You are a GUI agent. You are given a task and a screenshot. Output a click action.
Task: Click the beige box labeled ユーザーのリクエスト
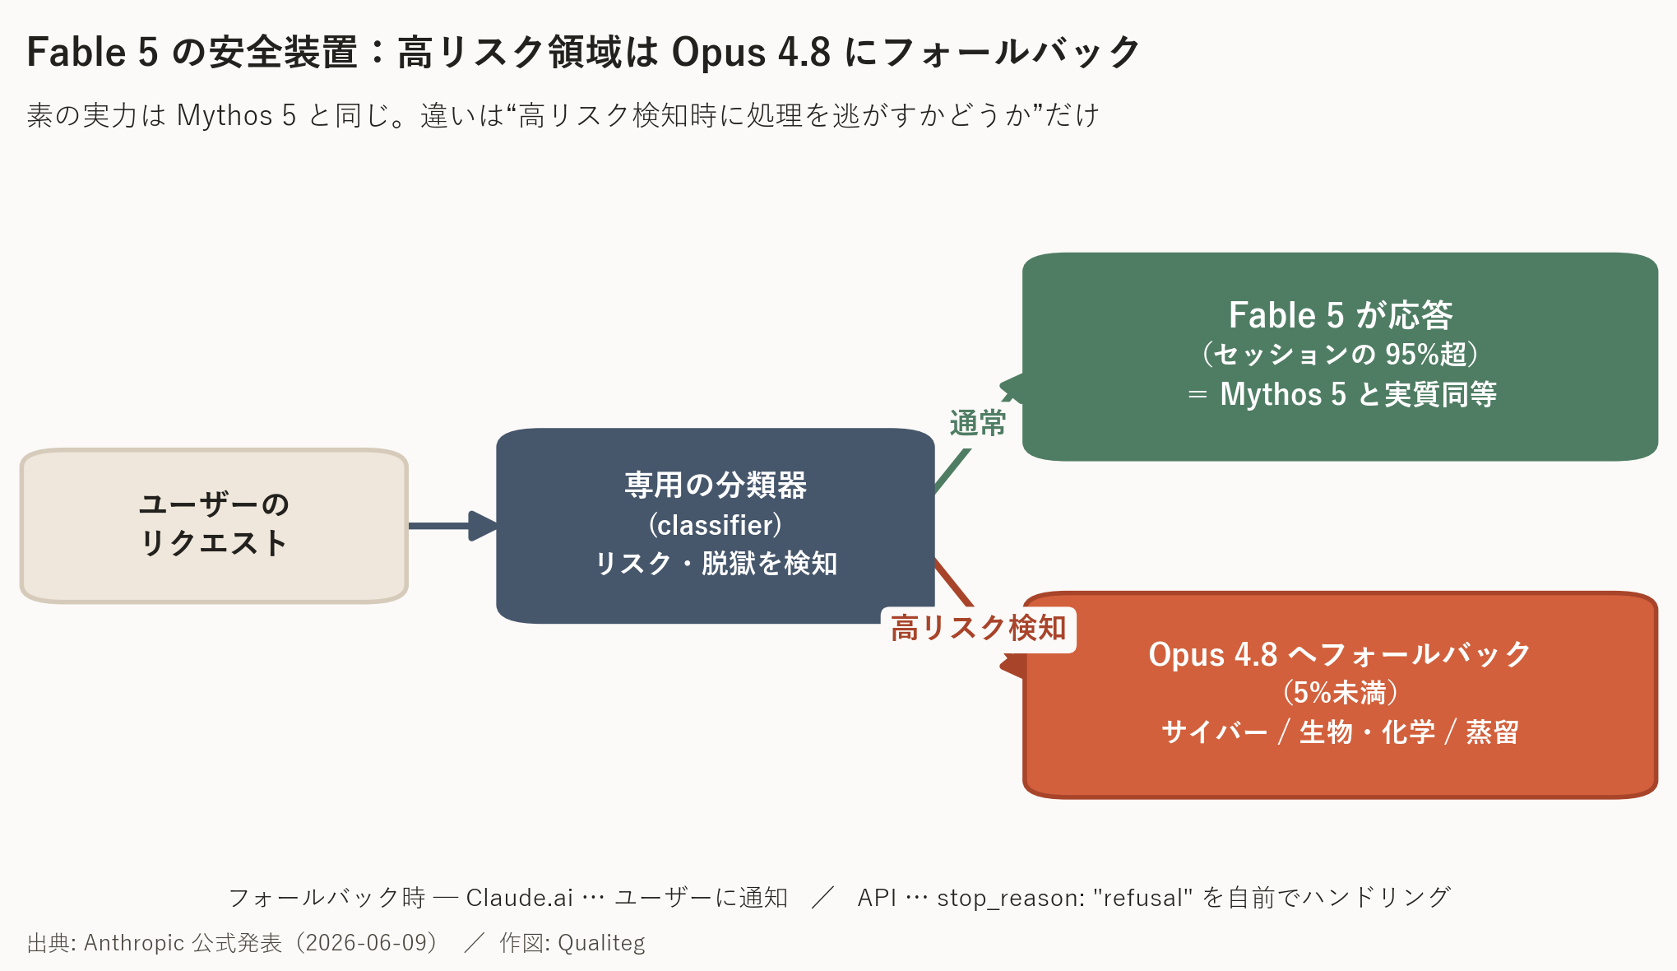214,526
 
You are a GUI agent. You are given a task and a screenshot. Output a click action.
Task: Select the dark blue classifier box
715,525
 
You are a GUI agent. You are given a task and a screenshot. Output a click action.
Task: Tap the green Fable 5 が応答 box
1340,356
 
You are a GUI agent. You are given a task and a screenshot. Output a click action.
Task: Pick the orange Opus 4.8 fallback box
1340,695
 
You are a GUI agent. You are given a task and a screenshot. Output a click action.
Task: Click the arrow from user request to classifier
453,526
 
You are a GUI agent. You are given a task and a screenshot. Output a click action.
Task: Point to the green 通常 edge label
978,424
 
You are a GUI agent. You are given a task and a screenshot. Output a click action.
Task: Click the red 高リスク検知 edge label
978,629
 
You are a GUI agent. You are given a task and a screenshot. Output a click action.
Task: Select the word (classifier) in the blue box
715,525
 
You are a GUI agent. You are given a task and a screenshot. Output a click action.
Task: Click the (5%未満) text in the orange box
1340,693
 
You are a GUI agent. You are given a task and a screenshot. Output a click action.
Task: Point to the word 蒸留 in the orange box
1492,732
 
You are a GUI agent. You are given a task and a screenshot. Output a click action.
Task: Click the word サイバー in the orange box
1214,732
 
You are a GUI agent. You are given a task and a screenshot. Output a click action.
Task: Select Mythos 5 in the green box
1283,394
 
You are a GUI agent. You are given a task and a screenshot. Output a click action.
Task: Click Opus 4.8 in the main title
752,53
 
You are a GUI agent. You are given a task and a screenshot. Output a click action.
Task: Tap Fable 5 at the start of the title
92,52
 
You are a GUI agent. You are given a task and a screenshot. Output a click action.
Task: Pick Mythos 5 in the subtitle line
236,116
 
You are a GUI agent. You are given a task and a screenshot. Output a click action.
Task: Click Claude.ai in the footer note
519,897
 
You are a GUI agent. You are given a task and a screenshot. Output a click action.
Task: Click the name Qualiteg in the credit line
601,943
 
